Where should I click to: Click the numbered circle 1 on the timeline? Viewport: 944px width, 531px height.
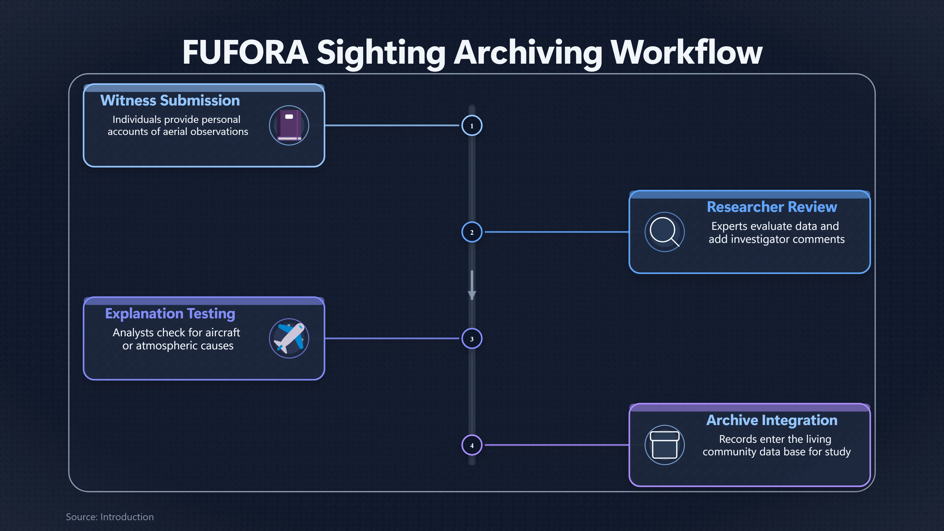pos(472,125)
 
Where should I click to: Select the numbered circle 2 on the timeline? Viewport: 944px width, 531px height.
pos(472,232)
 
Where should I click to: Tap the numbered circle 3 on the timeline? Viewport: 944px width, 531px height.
pos(472,339)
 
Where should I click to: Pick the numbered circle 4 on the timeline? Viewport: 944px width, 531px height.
pos(472,445)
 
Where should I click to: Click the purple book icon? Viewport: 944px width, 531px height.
pos(289,125)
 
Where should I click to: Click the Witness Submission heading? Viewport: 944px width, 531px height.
pos(170,100)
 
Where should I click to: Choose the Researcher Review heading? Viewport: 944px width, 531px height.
pos(772,207)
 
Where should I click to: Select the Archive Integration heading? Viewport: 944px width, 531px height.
pos(772,420)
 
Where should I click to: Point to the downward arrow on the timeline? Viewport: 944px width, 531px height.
pos(472,285)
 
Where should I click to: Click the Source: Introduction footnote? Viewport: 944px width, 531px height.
pos(110,517)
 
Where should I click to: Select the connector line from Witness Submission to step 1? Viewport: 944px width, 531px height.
pos(392,125)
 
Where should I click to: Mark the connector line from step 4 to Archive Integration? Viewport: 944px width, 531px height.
pos(557,445)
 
